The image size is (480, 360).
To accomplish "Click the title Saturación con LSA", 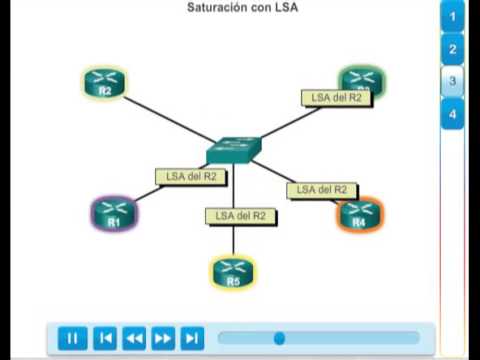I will click(x=243, y=8).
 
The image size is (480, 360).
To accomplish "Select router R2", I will click(x=104, y=83).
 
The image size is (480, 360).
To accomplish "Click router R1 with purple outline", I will click(x=113, y=212).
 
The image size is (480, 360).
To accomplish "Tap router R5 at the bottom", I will click(x=233, y=272).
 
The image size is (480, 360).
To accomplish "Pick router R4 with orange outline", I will click(x=359, y=214).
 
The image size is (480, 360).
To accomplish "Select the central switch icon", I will click(x=234, y=150).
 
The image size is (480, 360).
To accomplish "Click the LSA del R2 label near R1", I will click(x=191, y=177).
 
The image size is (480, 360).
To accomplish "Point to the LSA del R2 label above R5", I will click(x=240, y=215).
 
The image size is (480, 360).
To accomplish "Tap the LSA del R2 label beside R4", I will click(x=322, y=189).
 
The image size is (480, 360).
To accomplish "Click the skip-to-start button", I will click(x=105, y=338).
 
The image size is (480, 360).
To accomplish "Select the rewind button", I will click(x=134, y=338).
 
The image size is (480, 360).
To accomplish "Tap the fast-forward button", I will click(x=163, y=338).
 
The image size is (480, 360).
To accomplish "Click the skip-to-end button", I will click(x=192, y=338).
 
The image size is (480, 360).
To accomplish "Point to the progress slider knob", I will click(x=279, y=338).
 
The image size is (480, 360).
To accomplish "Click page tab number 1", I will click(x=453, y=16).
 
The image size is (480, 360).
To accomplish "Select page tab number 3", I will click(x=453, y=81).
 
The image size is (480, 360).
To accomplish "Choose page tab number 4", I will click(x=453, y=113).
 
